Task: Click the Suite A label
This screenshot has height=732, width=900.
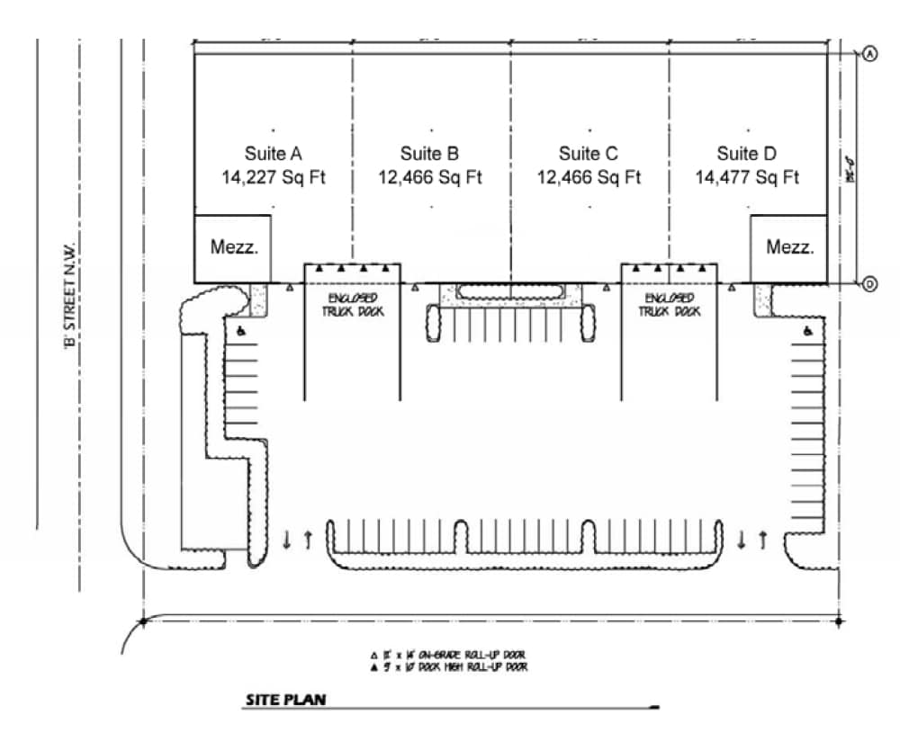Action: click(x=273, y=154)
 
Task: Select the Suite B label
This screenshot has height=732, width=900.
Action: click(x=430, y=154)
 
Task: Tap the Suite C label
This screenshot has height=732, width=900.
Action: click(x=589, y=154)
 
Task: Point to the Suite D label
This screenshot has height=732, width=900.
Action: click(x=746, y=154)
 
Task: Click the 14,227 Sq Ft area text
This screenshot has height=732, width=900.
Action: click(x=273, y=177)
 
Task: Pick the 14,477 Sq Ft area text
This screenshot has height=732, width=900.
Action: click(x=746, y=177)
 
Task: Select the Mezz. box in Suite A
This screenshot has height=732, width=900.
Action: click(x=233, y=248)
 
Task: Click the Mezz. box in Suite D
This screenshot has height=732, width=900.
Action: click(x=788, y=248)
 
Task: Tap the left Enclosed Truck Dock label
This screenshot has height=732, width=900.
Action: click(x=352, y=304)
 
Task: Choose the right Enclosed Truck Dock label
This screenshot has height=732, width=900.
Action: click(x=669, y=304)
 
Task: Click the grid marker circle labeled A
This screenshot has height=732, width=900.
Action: click(x=870, y=54)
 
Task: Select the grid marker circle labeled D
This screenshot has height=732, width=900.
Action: click(x=870, y=284)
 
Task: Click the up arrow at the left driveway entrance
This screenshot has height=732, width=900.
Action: click(x=308, y=540)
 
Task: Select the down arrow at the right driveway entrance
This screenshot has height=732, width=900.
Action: click(x=742, y=540)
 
